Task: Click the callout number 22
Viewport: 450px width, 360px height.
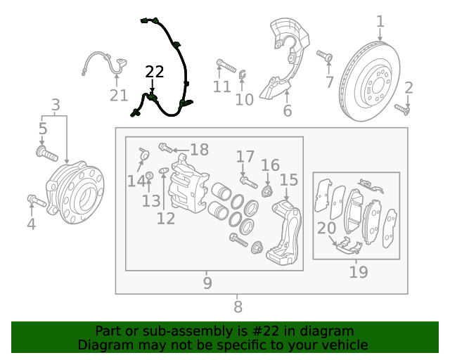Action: coord(155,72)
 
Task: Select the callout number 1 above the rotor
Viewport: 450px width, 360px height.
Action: coord(380,22)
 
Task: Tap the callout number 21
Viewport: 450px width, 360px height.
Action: coord(119,96)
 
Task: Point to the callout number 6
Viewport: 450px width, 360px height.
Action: coord(287,111)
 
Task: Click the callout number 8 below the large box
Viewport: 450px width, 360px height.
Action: coord(238,307)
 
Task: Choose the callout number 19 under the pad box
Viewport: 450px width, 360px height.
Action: coord(358,272)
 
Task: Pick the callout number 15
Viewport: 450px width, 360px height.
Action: coord(289,181)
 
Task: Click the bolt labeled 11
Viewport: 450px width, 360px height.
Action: coord(226,65)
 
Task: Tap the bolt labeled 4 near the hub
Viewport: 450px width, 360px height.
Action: coord(37,203)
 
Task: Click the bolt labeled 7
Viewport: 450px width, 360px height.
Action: coord(326,56)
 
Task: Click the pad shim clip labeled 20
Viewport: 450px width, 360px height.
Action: coord(347,245)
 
